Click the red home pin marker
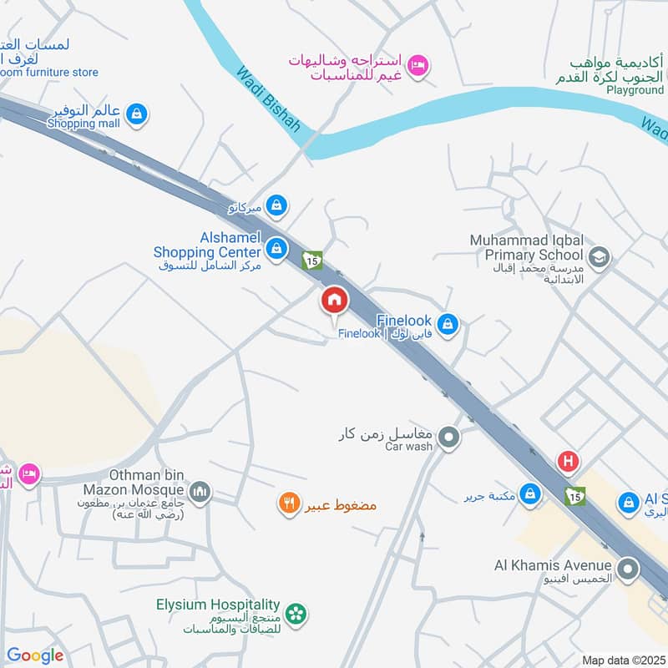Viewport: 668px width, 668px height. (x=334, y=300)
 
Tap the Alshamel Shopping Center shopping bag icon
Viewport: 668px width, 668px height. (x=276, y=248)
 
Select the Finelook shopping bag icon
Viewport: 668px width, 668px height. (x=448, y=324)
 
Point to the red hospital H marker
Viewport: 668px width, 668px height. (x=569, y=461)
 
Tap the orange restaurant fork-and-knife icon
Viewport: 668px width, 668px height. (x=289, y=504)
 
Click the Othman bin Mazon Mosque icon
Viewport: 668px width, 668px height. (x=199, y=492)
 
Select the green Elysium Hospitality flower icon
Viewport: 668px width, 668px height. (x=295, y=614)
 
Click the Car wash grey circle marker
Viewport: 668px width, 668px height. (x=449, y=437)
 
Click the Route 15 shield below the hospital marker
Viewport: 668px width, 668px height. (x=574, y=495)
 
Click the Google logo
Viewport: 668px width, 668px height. (x=35, y=655)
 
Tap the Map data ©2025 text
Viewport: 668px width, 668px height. (x=622, y=660)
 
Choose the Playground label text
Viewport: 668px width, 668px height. (x=635, y=89)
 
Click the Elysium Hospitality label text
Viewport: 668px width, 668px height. (x=218, y=605)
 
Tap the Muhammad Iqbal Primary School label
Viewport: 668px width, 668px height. (x=526, y=247)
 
